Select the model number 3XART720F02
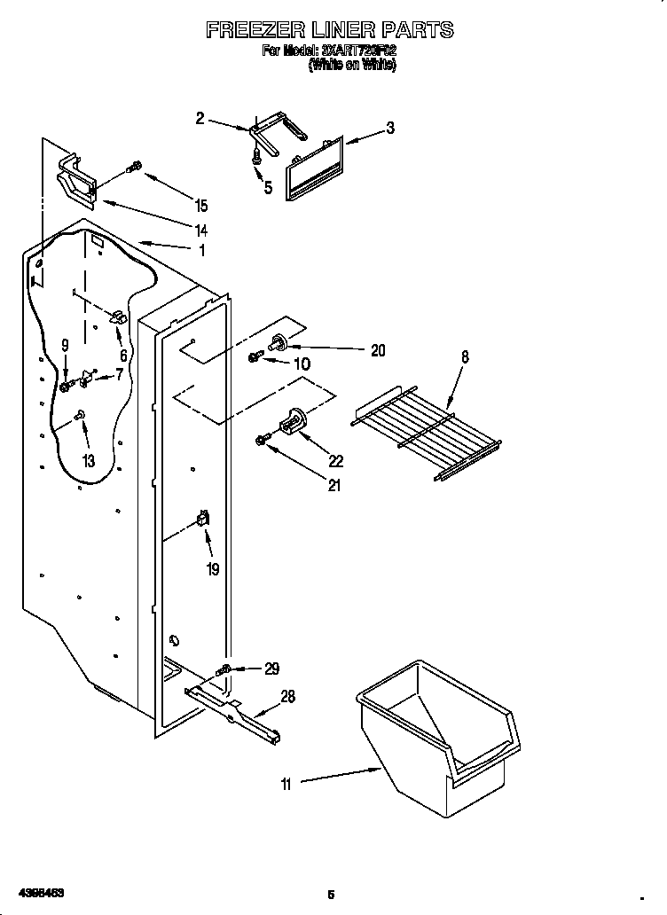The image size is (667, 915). (x=352, y=52)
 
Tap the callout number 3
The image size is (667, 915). (x=389, y=129)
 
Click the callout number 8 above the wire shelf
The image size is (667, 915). (x=466, y=356)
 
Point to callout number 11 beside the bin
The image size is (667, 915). (x=286, y=783)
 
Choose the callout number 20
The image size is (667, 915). (x=378, y=350)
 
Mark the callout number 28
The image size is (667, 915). (x=287, y=697)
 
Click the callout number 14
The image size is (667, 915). (x=201, y=231)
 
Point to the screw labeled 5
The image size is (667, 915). (x=257, y=156)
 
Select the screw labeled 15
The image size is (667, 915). (x=136, y=165)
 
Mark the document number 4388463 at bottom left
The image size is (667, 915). (x=37, y=894)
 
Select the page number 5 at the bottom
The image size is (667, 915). (x=331, y=895)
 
